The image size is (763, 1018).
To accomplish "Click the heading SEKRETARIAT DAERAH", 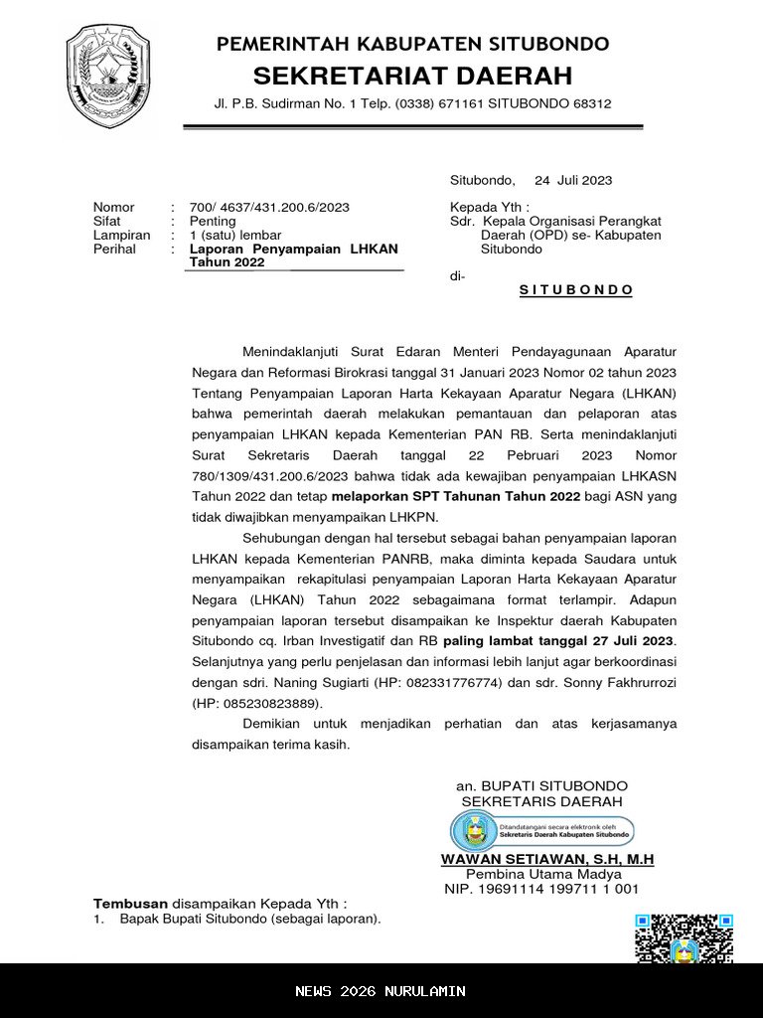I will click(412, 75).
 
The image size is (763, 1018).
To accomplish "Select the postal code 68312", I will click(588, 103).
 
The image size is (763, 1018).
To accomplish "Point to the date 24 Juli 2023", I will click(573, 180).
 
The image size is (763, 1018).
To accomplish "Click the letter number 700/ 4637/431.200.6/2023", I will click(268, 207).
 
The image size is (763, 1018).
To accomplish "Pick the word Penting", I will click(213, 221).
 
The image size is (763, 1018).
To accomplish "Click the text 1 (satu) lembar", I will click(228, 235).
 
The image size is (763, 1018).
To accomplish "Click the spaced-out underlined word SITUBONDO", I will click(576, 289).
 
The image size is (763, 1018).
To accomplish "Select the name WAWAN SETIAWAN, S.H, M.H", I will click(548, 859).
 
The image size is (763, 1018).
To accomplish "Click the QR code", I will click(685, 938).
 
